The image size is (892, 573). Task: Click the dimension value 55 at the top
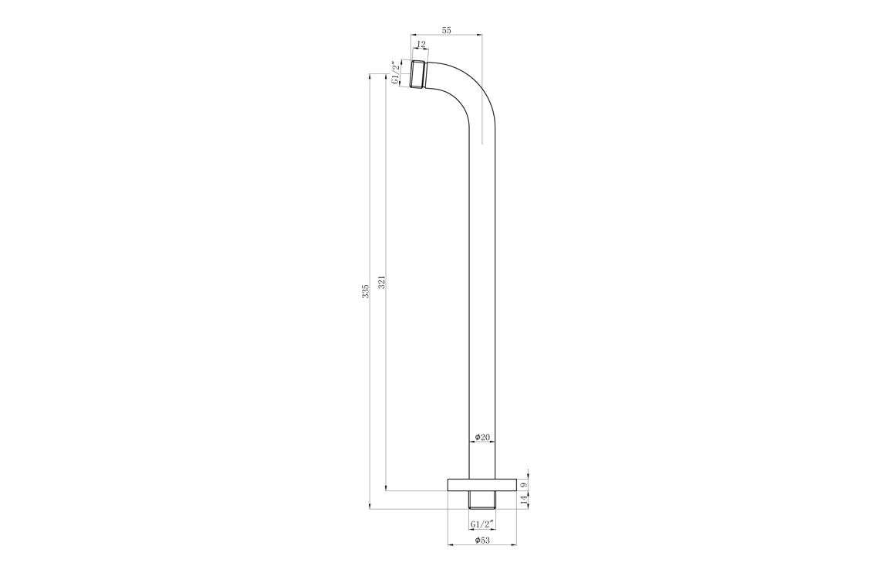pyautogui.click(x=447, y=31)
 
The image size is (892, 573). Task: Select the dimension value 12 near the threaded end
pyautogui.click(x=421, y=45)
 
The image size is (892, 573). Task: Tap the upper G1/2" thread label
pyautogui.click(x=395, y=73)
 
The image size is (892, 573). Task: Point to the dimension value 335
pyautogui.click(x=366, y=291)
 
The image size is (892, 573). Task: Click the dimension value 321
pyautogui.click(x=382, y=283)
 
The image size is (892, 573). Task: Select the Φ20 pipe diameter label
pyautogui.click(x=482, y=437)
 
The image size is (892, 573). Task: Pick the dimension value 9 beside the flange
pyautogui.click(x=525, y=484)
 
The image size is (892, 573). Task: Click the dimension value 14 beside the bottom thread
pyautogui.click(x=525, y=500)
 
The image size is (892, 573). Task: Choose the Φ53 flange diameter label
pyautogui.click(x=482, y=540)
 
